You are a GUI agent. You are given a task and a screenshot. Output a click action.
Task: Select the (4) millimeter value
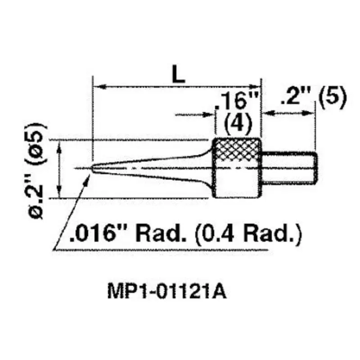pyautogui.click(x=237, y=122)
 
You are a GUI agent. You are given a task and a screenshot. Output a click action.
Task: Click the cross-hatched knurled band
pyautogui.click(x=237, y=152)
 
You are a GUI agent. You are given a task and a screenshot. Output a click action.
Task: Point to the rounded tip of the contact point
pyautogui.click(x=93, y=168)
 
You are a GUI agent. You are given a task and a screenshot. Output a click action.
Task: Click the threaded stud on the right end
pyautogui.click(x=290, y=168)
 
